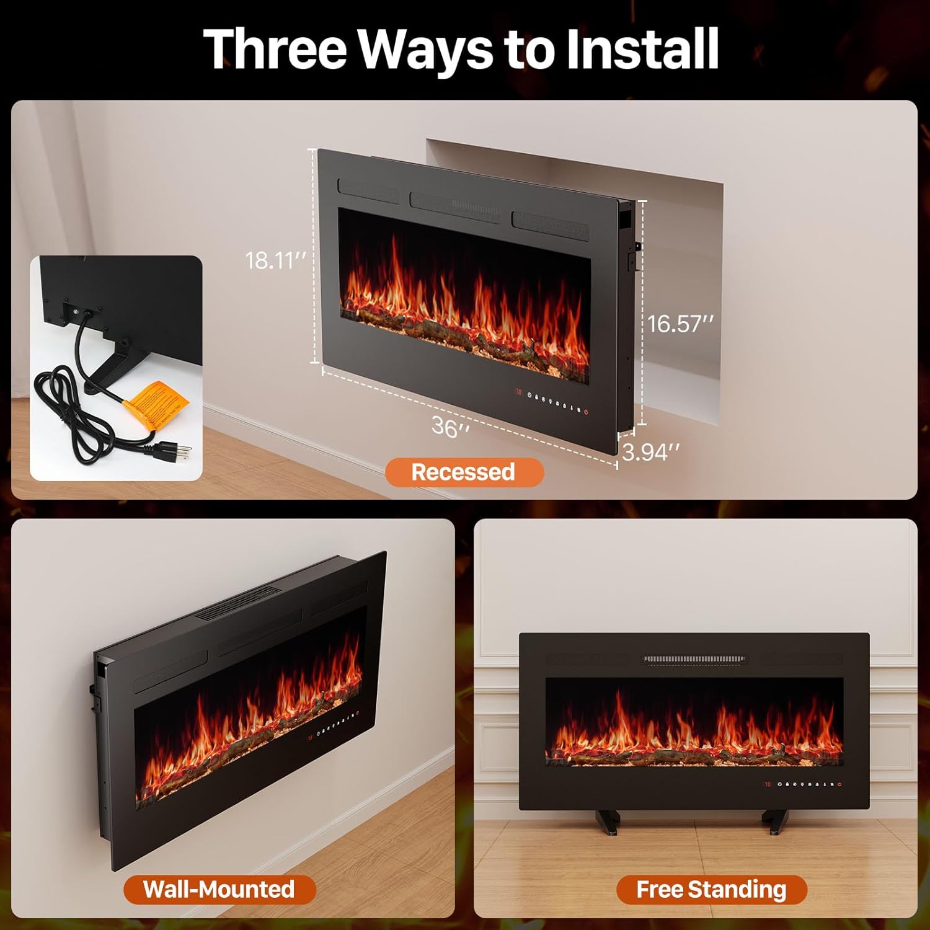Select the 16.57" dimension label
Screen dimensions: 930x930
pyautogui.click(x=680, y=324)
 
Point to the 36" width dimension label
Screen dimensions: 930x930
pyautogui.click(x=450, y=427)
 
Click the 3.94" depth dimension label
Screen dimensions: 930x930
pyautogui.click(x=650, y=453)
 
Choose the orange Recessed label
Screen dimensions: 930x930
pyautogui.click(x=464, y=472)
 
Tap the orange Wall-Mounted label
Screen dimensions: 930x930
pyautogui.click(x=219, y=889)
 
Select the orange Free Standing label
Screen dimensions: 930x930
pyautogui.click(x=711, y=890)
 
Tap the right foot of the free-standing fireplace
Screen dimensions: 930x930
pyautogui.click(x=776, y=821)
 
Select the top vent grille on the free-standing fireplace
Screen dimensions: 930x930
pyautogui.click(x=694, y=659)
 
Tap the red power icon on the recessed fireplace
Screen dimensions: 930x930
pyautogui.click(x=586, y=412)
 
